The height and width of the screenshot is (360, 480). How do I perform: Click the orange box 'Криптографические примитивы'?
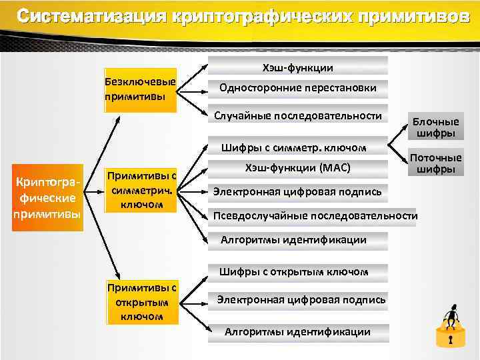(47, 197)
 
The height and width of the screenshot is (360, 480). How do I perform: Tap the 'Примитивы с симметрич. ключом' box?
(141, 191)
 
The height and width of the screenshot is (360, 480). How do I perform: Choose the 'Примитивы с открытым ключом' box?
(142, 303)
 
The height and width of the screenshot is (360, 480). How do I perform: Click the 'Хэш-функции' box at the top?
(297, 67)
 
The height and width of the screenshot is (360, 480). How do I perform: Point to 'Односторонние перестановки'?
(297, 88)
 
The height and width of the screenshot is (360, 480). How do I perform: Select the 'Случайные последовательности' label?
(297, 115)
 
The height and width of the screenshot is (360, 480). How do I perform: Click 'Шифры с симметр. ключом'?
(297, 147)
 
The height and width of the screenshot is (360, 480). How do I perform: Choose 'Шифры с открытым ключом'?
(293, 271)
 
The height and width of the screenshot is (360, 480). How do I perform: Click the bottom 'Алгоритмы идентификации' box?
(297, 331)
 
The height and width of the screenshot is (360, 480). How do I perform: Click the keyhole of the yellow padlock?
(451, 341)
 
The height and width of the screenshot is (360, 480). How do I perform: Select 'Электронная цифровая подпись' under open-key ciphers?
(301, 300)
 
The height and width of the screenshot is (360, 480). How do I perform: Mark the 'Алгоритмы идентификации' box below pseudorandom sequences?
(293, 240)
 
